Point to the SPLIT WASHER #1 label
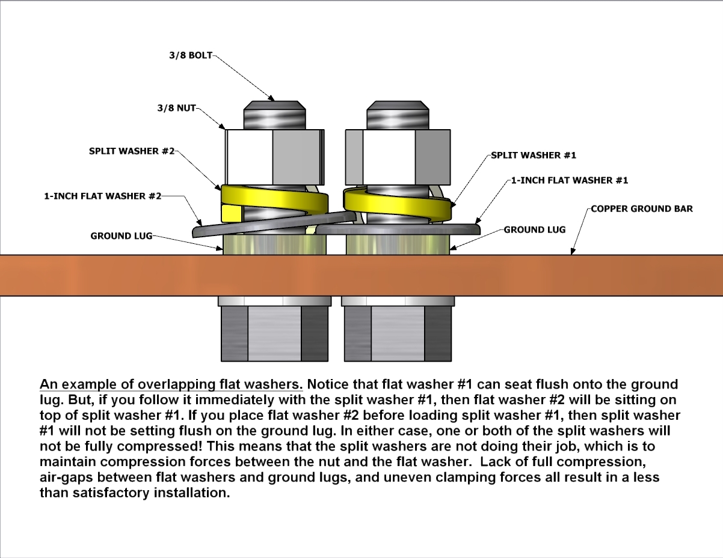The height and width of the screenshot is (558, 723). (534, 155)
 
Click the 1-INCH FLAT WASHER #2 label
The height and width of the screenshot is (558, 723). (102, 196)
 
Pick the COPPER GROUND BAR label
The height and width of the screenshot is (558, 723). (642, 209)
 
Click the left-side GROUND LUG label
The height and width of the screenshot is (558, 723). (122, 236)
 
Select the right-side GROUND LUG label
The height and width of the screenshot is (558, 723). (535, 229)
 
